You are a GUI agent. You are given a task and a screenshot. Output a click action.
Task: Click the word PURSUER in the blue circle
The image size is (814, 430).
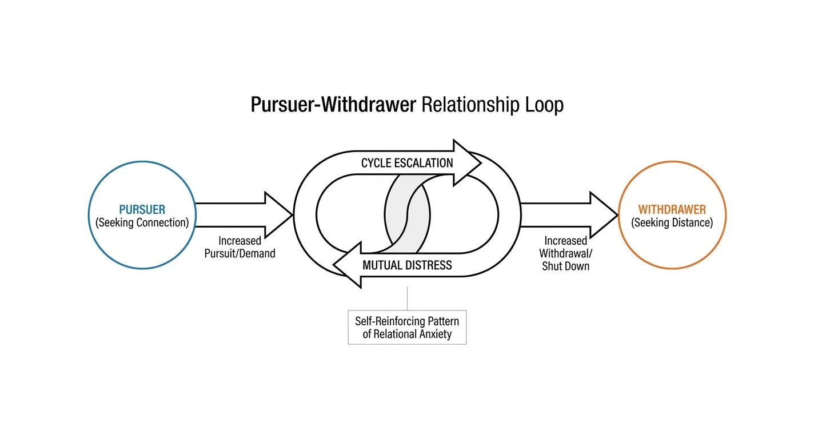(142, 209)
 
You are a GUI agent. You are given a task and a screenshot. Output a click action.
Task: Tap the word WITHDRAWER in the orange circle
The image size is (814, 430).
(672, 209)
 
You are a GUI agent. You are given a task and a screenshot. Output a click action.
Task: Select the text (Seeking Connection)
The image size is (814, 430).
(142, 222)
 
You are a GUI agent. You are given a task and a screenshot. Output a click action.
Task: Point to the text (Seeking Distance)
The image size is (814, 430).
(672, 222)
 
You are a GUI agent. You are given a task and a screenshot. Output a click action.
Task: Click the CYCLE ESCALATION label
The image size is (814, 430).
(407, 163)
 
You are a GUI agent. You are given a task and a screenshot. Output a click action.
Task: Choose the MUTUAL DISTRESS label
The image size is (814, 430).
(407, 265)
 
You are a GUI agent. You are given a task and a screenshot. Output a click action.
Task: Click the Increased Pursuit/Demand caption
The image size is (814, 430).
(240, 247)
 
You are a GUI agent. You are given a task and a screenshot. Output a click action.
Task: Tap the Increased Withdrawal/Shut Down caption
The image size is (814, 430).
(565, 253)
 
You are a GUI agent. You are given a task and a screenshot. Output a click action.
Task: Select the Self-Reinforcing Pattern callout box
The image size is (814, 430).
(407, 328)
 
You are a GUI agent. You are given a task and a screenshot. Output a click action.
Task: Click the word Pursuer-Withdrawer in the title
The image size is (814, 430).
(333, 105)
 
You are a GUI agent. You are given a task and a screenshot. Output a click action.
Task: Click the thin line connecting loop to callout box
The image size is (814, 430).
(407, 298)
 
